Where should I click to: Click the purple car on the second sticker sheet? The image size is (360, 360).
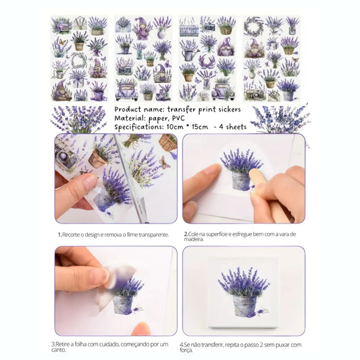127,90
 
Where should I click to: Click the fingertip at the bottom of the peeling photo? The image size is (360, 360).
143,330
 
